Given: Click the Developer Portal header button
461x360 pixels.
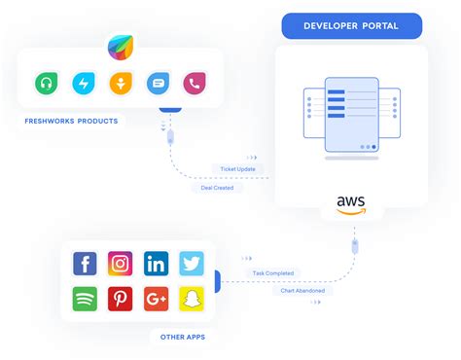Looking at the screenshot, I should pos(351,25).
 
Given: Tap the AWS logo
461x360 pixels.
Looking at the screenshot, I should pos(351,205).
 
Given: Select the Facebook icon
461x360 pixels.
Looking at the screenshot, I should pos(85,264).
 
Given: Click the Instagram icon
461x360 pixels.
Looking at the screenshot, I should pos(120,264).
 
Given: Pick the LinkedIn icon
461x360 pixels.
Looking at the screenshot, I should pos(156,264).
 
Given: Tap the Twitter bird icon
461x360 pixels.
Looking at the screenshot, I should pos(191,264).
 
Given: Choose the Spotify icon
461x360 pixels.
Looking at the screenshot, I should pos(85,299).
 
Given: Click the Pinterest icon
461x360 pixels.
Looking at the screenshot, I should pos(120,299).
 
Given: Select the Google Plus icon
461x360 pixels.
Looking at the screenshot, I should pos(156,299).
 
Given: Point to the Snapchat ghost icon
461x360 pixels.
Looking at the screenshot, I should pos(191,299).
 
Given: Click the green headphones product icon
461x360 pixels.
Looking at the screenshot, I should pos(45,84).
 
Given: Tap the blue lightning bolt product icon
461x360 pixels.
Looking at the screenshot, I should pos(85,84).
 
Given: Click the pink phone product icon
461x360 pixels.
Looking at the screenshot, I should pos(195,84).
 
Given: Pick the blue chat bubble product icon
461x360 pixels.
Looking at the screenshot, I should pos(159,84).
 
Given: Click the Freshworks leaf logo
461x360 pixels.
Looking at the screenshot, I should pos(122,45).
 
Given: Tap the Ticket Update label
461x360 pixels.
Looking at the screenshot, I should pos(239,169).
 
